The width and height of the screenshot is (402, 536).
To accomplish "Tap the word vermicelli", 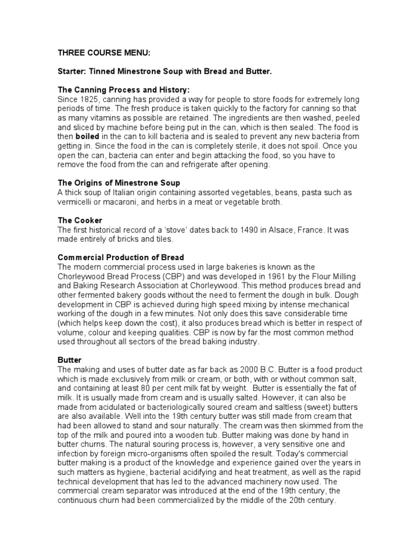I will click(x=76, y=202).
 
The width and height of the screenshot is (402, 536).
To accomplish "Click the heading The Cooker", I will click(x=80, y=220).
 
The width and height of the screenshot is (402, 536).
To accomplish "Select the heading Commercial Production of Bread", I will click(x=120, y=258).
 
